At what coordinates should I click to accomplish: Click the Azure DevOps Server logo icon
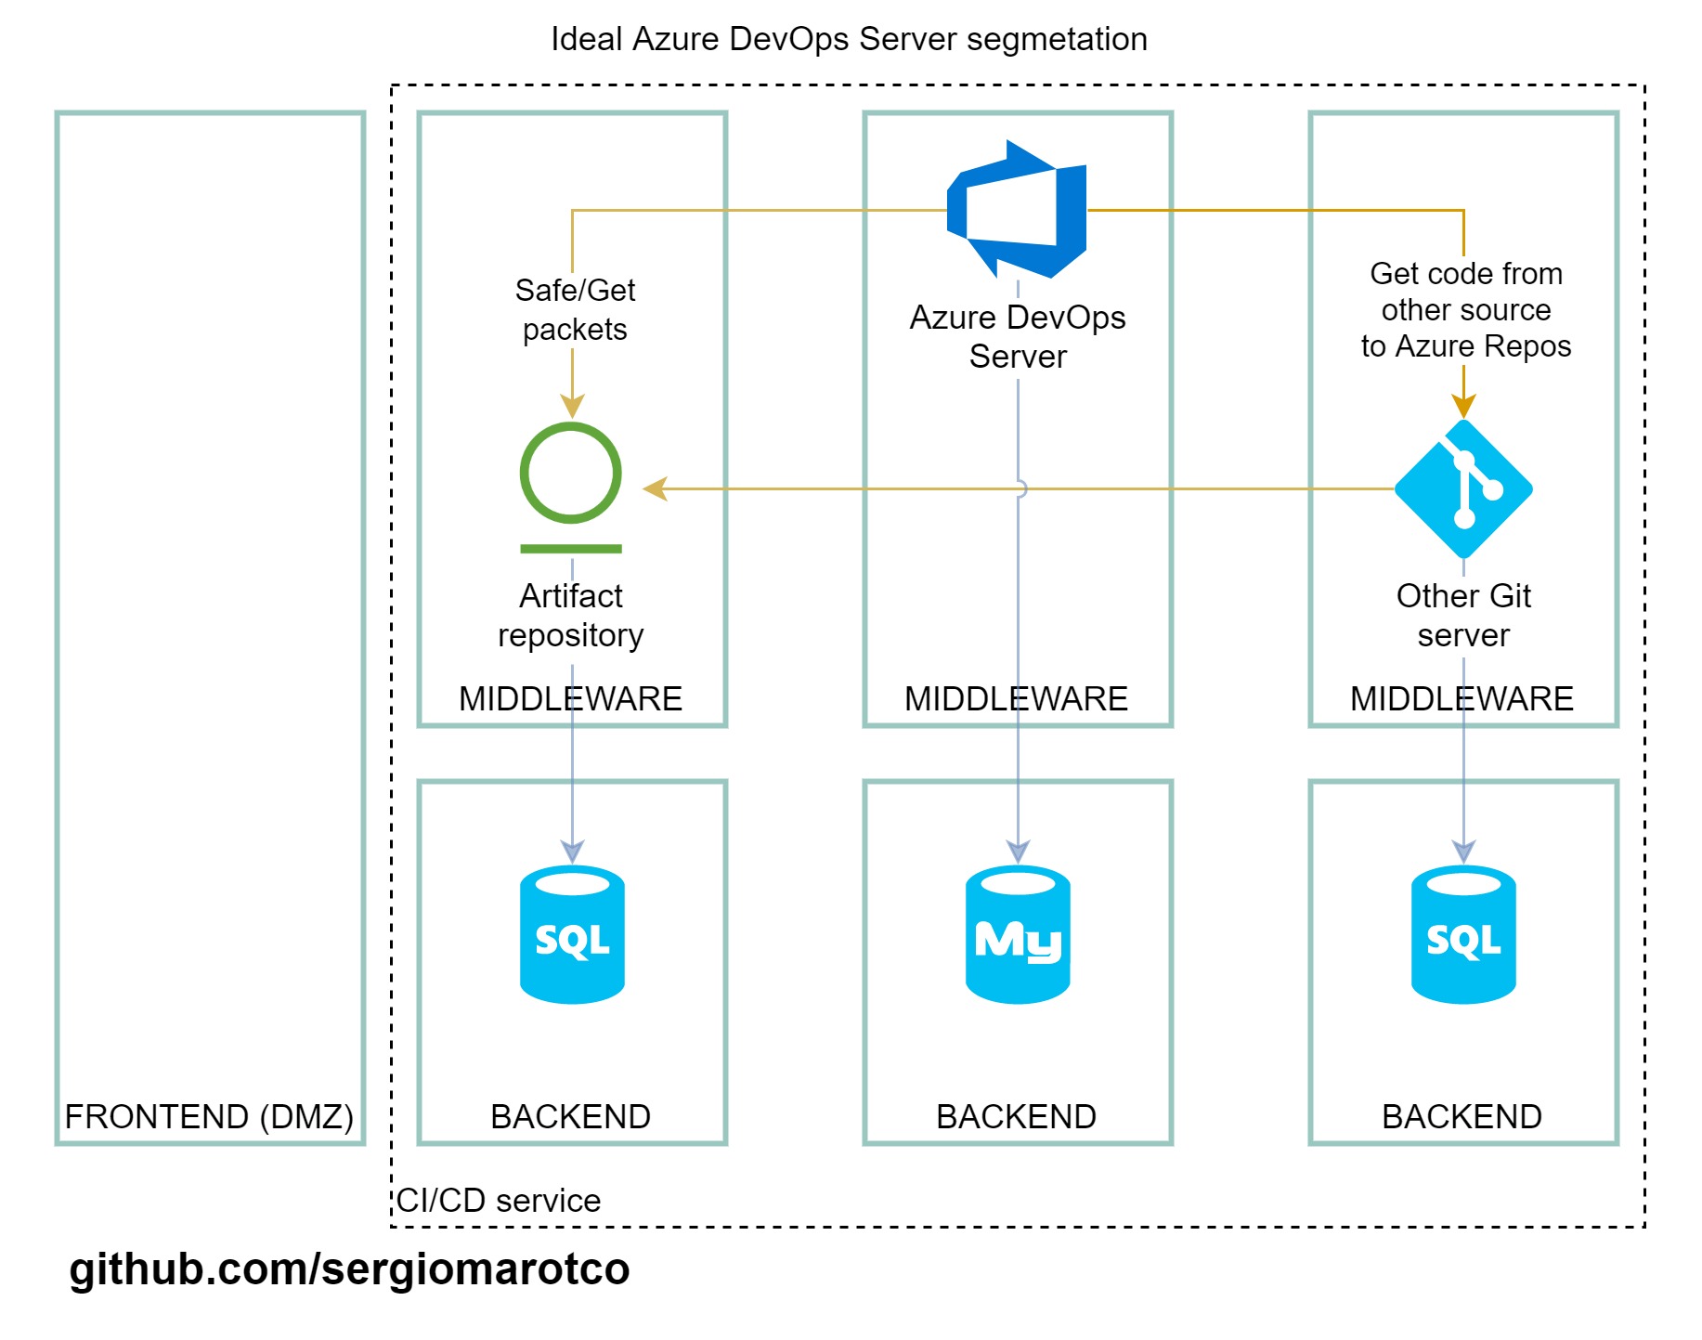1017,210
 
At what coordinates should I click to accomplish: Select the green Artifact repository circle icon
571,474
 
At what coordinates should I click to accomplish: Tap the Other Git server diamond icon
1463,488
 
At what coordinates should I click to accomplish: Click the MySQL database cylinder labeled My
1018,935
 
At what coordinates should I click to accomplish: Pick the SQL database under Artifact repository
572,935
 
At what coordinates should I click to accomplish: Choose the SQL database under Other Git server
1463,935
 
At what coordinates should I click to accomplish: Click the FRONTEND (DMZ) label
209,1116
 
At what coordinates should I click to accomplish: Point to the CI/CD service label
499,1201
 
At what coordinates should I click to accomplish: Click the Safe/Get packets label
575,310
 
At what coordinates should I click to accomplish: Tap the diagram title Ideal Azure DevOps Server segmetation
849,39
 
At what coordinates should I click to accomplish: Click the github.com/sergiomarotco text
349,1269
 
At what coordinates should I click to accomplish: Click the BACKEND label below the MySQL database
1016,1116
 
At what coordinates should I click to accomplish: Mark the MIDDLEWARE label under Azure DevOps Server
1016,698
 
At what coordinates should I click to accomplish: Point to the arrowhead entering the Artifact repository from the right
656,488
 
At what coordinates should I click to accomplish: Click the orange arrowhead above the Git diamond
1463,407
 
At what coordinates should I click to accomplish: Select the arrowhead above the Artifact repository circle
572,407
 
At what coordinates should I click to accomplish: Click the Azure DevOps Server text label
1018,336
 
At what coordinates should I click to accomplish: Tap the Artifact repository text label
571,615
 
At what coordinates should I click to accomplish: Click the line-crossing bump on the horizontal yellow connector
1021,488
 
